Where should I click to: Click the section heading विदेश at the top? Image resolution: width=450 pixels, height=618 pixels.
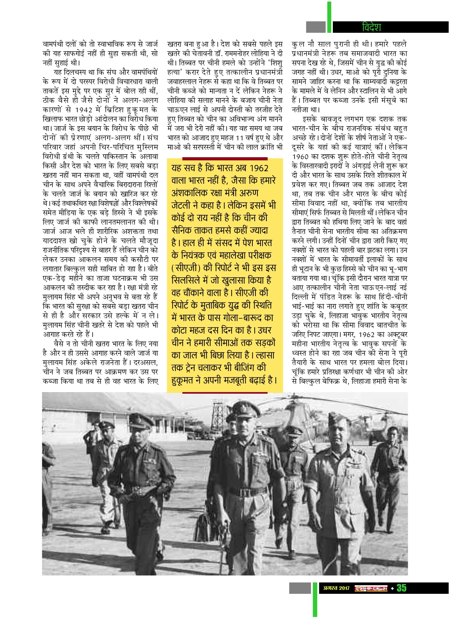tap(371, 27)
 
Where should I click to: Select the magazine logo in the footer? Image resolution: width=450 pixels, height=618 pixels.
tap(371, 588)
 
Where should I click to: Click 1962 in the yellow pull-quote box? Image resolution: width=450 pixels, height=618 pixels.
tap(259, 168)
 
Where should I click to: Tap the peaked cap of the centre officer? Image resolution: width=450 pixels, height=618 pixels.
tap(245, 410)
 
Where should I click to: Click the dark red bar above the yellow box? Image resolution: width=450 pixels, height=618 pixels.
tap(225, 159)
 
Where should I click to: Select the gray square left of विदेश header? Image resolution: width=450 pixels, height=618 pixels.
tap(316, 27)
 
